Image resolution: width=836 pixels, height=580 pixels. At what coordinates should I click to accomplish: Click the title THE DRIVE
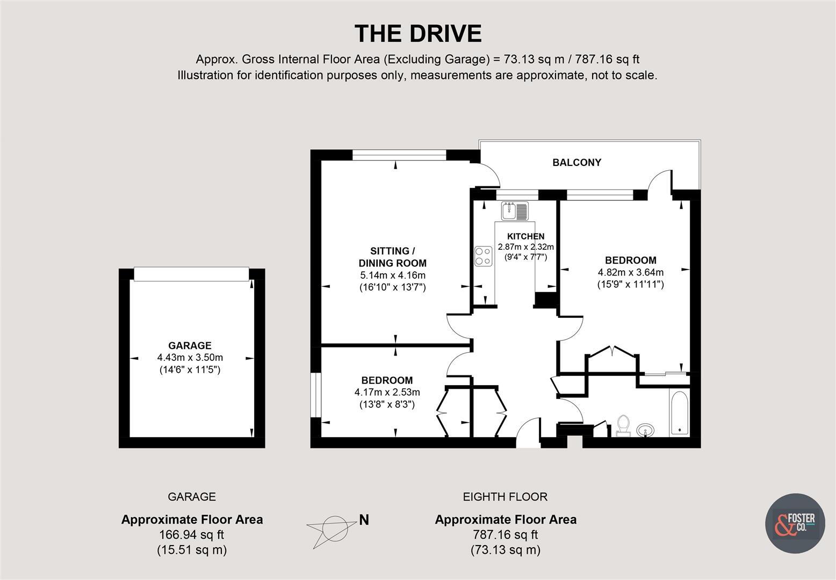(x=418, y=33)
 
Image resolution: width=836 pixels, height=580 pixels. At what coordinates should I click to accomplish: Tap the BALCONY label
(x=576, y=162)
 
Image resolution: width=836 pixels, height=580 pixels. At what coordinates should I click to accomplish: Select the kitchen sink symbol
(x=516, y=211)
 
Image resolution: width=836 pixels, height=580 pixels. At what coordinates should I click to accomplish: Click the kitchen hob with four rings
(x=483, y=256)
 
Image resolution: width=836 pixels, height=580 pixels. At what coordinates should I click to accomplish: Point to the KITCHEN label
(x=525, y=236)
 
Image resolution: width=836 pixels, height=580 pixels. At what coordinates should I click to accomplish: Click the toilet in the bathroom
(x=623, y=424)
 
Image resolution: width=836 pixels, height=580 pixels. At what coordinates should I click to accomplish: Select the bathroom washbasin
(x=645, y=430)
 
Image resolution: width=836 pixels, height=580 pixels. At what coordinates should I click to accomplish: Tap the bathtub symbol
(x=679, y=412)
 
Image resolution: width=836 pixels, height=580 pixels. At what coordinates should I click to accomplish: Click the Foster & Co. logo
(x=795, y=524)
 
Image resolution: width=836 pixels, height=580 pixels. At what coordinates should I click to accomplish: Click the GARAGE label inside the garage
(x=190, y=345)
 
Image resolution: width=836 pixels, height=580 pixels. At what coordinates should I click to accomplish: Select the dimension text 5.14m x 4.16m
(x=392, y=275)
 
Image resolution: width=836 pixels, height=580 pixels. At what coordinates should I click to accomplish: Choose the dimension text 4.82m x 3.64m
(x=630, y=272)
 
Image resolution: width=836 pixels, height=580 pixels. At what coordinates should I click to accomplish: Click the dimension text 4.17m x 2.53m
(x=387, y=392)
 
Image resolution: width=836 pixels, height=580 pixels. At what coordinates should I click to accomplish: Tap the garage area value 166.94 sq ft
(x=191, y=535)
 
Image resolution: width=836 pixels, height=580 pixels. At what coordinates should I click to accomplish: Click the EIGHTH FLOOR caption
(x=505, y=497)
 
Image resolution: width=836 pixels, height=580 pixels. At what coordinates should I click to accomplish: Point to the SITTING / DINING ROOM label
(x=392, y=257)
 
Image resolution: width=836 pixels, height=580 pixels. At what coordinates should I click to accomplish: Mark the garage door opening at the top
(x=191, y=274)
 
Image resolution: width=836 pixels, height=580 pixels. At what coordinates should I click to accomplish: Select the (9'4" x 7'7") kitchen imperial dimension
(x=525, y=257)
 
